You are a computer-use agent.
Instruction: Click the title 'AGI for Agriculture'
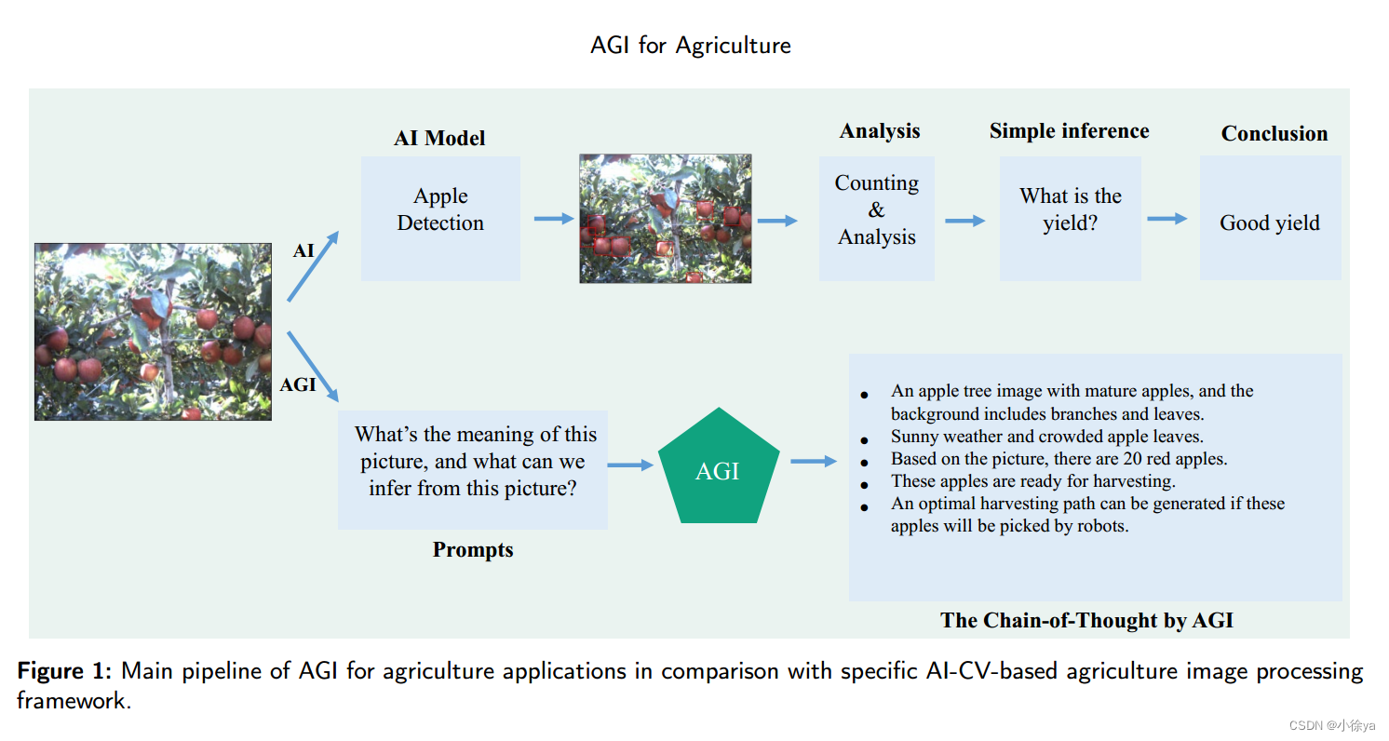(x=690, y=45)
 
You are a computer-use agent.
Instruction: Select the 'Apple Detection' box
(x=440, y=218)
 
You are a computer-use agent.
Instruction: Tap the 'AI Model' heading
(x=439, y=139)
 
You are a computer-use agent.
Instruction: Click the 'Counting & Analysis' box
(x=876, y=218)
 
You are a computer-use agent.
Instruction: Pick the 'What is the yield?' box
(x=1070, y=218)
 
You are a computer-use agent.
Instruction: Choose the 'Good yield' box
(x=1270, y=218)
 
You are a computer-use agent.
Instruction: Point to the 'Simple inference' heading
(x=1069, y=131)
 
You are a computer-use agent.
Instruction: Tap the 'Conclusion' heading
(x=1274, y=133)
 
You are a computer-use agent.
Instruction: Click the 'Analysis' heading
(x=880, y=131)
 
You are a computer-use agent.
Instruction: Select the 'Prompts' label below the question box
(x=473, y=550)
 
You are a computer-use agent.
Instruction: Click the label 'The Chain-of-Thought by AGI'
(x=1086, y=621)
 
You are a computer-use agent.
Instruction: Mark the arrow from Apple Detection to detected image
(x=553, y=219)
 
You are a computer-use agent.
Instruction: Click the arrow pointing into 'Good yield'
(x=1166, y=219)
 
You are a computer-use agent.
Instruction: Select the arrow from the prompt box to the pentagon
(x=631, y=465)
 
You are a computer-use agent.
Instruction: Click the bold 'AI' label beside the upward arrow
(x=303, y=251)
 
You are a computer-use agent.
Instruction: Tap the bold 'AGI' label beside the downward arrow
(x=298, y=384)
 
